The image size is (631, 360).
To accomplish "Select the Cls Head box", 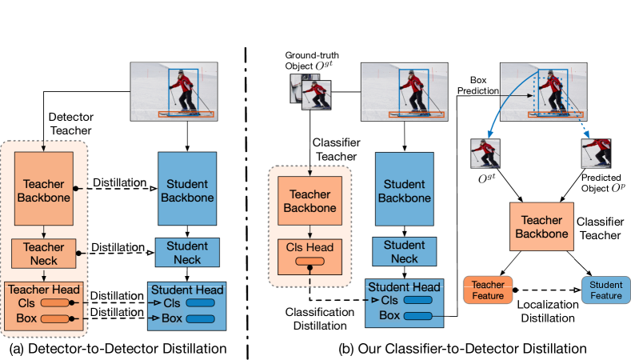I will coord(310,254).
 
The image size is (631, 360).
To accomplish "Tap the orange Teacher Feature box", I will coord(488,290).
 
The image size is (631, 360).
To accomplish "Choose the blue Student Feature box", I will coord(605,290).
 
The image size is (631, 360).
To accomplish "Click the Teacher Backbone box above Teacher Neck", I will coord(44,190).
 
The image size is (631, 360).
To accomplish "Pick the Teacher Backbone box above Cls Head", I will coord(310,201).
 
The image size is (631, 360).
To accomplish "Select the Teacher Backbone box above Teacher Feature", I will coord(541,227).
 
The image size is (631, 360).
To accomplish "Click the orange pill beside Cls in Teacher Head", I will coord(54,303).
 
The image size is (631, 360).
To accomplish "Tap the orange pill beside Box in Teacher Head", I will coord(54,318).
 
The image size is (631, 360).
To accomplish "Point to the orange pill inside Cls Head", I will coord(310,261).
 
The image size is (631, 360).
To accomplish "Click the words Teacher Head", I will coord(44,290).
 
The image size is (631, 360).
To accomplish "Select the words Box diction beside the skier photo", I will coord(484,86).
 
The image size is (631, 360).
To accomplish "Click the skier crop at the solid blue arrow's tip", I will coord(485,153).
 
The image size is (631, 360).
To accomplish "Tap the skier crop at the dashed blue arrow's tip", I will coord(596,153).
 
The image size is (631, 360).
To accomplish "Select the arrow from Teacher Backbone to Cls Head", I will coord(310,231).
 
